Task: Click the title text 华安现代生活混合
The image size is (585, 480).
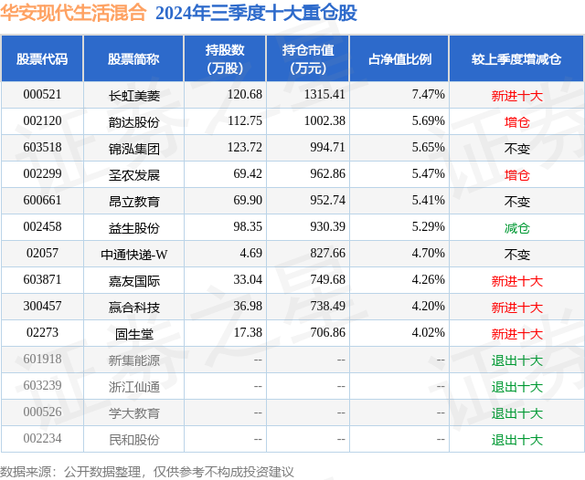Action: tap(73, 13)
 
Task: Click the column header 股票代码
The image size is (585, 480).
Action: tap(42, 59)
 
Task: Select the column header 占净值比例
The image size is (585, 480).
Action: tap(399, 59)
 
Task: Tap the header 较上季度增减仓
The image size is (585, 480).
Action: tap(516, 59)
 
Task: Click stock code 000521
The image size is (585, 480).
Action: tap(42, 94)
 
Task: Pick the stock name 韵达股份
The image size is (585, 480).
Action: tap(133, 120)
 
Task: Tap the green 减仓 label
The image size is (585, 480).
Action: tap(516, 227)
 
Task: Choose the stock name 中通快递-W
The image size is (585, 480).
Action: tap(133, 254)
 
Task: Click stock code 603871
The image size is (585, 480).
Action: tap(42, 280)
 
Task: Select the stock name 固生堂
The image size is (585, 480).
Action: tap(133, 334)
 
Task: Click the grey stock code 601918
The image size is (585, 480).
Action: tap(42, 360)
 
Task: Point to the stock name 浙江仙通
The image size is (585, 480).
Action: tap(133, 386)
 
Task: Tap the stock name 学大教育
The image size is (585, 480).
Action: tap(133, 412)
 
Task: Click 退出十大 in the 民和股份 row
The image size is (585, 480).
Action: tap(516, 440)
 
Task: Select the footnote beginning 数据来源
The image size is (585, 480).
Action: tap(146, 471)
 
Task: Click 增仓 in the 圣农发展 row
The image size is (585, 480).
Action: tap(516, 173)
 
